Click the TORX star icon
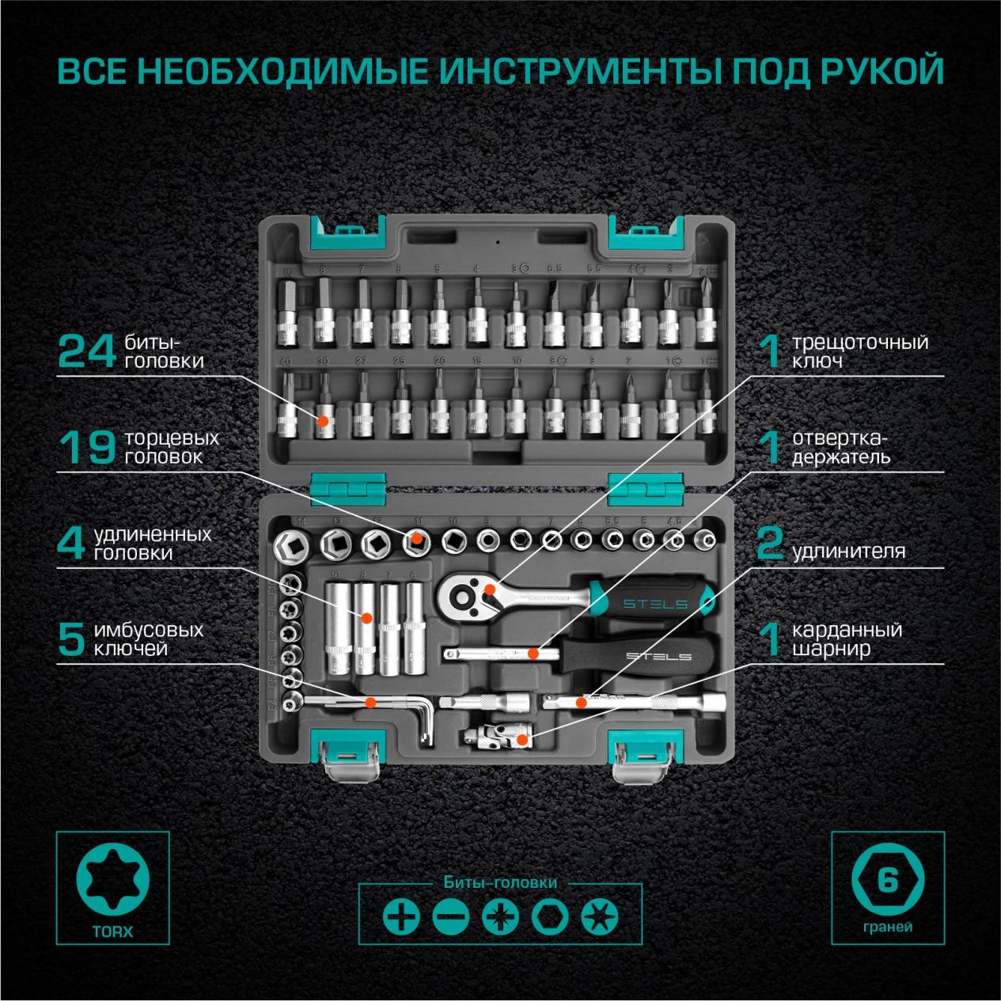[112, 878]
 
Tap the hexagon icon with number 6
[887, 879]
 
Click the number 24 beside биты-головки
[87, 352]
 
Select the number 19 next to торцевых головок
[88, 448]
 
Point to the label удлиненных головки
[152, 544]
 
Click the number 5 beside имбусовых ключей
[71, 639]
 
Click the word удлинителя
[848, 551]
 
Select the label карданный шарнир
[847, 639]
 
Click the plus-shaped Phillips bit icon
[401, 917]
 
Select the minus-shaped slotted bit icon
[451, 917]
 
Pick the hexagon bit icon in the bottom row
[549, 917]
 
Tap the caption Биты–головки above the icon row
[500, 882]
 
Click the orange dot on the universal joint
[521, 739]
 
